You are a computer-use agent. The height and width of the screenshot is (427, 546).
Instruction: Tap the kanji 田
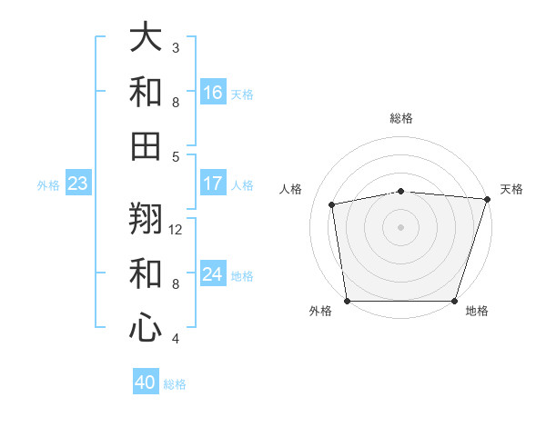click(146, 144)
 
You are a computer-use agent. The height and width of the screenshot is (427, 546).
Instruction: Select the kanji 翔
click(146, 219)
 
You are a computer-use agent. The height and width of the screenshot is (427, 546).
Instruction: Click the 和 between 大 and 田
click(146, 91)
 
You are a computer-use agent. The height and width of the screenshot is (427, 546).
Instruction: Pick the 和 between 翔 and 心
click(146, 273)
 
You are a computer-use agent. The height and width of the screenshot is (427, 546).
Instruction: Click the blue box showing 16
click(213, 93)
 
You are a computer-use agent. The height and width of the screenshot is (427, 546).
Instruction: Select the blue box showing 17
click(213, 184)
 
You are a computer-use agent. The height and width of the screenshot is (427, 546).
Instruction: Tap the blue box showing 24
click(213, 274)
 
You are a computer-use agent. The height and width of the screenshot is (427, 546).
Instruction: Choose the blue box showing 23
click(78, 184)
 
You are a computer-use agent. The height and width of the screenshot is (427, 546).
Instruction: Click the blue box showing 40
click(146, 382)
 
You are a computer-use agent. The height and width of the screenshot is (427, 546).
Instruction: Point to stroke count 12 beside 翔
click(176, 230)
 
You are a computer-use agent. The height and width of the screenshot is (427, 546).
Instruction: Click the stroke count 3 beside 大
click(176, 47)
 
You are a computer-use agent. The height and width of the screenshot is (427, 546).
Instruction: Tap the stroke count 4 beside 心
click(176, 339)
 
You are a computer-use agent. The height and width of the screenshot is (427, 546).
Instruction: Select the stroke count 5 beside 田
click(176, 156)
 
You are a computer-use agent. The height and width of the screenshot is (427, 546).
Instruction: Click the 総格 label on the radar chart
click(401, 118)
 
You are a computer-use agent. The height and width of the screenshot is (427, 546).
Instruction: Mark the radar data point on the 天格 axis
click(487, 199)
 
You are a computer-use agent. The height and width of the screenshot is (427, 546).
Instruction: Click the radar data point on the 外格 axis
click(348, 301)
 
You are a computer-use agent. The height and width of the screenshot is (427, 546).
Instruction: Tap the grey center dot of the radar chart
click(400, 227)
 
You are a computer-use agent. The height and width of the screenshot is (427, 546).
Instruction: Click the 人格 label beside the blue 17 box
click(242, 184)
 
